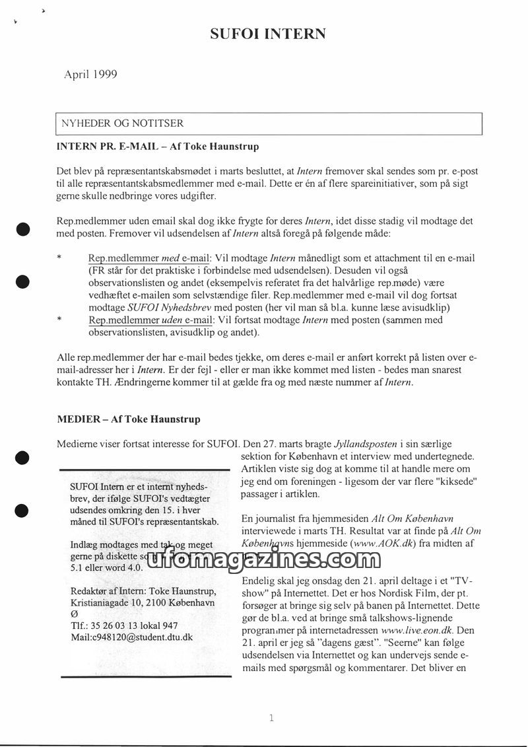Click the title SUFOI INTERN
[x=267, y=34]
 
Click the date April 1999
[x=90, y=75]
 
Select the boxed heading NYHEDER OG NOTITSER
[x=123, y=124]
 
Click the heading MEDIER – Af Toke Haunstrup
[x=129, y=419]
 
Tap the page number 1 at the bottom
[x=271, y=719]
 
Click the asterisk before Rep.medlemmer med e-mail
[x=60, y=258]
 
